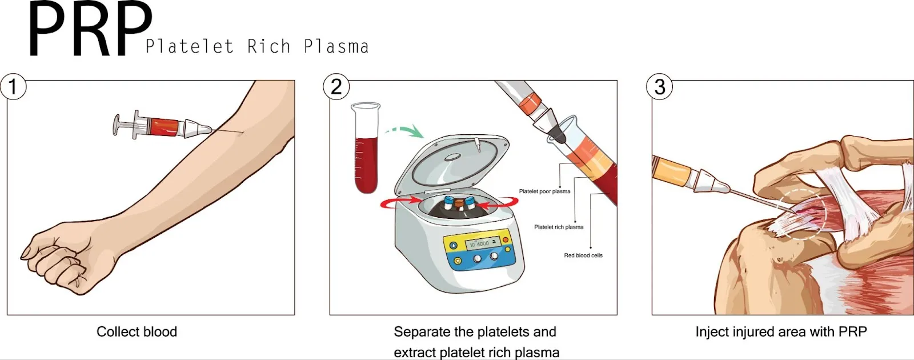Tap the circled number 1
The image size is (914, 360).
coord(13,87)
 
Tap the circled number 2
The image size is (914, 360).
coord(336,87)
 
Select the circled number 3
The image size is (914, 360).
coord(659,87)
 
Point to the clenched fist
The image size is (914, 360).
coord(54,260)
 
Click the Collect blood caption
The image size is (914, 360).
coord(137,332)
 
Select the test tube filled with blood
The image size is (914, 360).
coord(366,154)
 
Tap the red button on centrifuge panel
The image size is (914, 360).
coord(506,239)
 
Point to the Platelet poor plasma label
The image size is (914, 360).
coord(544,191)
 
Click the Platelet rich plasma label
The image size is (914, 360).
coord(559,227)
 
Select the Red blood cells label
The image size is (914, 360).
coord(583,255)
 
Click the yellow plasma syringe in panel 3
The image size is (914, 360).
coord(674,170)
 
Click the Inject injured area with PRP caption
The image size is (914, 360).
coord(781,332)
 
